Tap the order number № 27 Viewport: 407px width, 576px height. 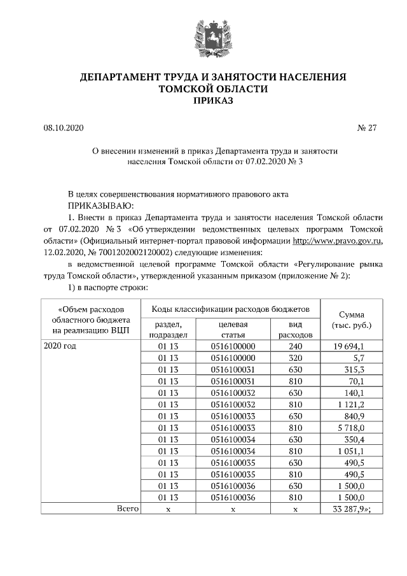pyautogui.click(x=368, y=127)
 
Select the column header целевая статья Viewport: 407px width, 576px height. pyautogui.click(x=233, y=328)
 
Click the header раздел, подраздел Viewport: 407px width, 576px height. pyautogui.click(x=167, y=328)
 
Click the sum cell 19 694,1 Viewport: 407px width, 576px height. pyautogui.click(x=347, y=345)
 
